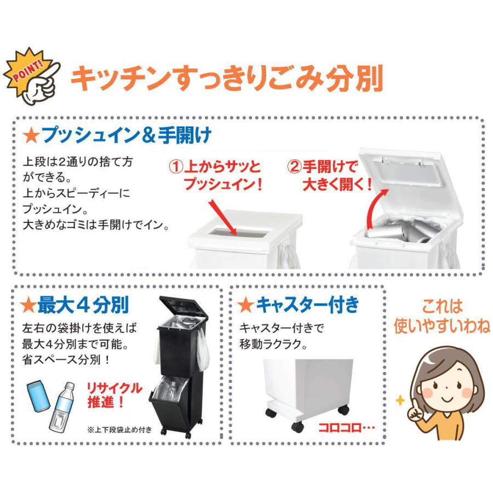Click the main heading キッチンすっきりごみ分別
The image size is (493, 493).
pos(227,78)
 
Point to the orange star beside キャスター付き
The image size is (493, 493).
pos(245,305)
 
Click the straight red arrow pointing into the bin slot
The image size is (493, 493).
pos(223,217)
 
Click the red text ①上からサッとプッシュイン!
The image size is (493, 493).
pos(216,175)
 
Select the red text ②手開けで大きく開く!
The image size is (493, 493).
pos(329,175)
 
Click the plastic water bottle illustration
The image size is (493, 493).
pos(62,408)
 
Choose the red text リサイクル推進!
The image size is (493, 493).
pos(114,395)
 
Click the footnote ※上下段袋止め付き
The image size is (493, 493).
pos(119,429)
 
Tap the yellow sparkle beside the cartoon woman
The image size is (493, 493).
pos(400,400)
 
